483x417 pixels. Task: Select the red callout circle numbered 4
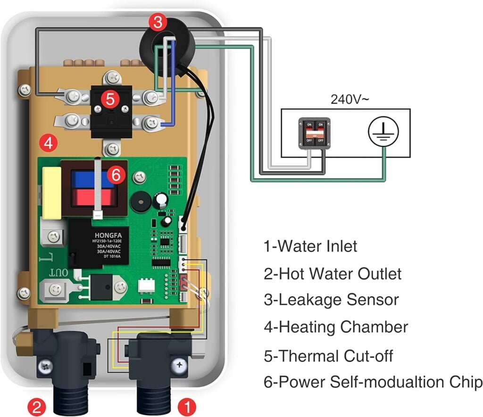click(48, 142)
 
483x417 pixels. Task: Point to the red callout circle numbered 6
click(116, 175)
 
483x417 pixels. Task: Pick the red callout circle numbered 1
click(187, 405)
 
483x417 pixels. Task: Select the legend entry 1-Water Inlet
click(310, 246)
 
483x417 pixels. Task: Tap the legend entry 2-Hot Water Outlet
click(333, 273)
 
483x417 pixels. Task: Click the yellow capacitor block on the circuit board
click(52, 193)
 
